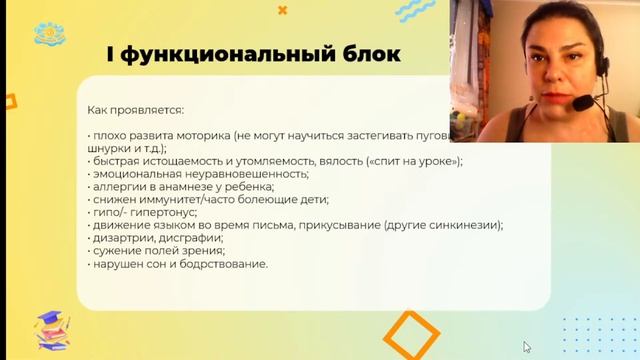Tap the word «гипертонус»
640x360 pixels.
click(x=155, y=213)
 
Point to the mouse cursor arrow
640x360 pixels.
click(x=527, y=347)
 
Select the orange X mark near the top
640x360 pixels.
click(x=282, y=11)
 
